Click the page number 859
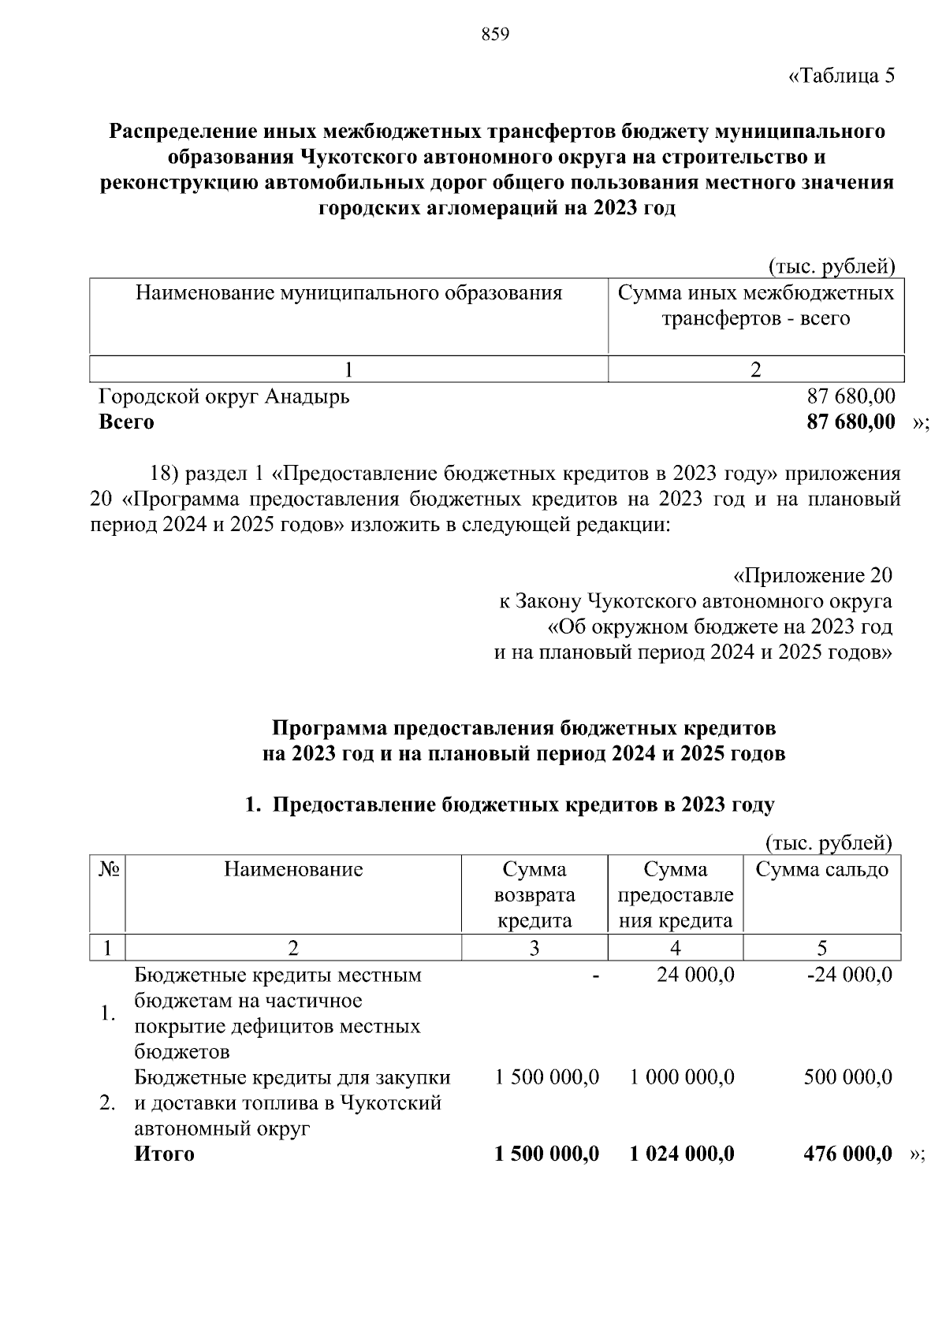click(x=495, y=35)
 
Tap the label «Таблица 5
click(x=841, y=76)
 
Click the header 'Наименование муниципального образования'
click(x=348, y=294)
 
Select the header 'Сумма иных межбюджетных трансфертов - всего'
click(x=755, y=306)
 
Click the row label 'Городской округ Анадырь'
click(x=224, y=396)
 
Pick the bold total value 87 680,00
click(x=851, y=422)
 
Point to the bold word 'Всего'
click(x=126, y=422)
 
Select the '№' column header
click(x=109, y=870)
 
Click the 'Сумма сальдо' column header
click(x=821, y=870)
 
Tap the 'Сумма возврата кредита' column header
click(x=534, y=895)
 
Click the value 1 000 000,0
click(x=682, y=1077)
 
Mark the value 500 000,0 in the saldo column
click(x=847, y=1077)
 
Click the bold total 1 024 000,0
click(x=682, y=1154)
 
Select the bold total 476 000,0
click(x=847, y=1154)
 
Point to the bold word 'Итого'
click(x=164, y=1154)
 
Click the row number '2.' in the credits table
click(x=108, y=1103)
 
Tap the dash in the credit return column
click(x=596, y=976)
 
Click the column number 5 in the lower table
click(x=821, y=948)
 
